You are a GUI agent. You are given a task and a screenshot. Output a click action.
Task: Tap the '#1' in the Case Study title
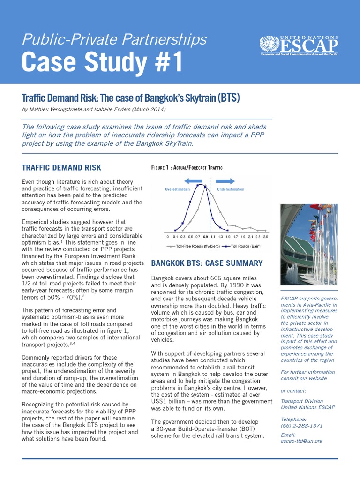(164, 63)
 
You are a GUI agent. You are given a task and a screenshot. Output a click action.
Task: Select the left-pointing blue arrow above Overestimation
(194, 180)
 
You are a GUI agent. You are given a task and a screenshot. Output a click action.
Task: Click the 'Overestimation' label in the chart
(177, 189)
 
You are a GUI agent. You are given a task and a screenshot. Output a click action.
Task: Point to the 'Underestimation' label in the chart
(231, 189)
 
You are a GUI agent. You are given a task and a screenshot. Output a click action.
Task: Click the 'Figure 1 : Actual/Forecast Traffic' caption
(187, 168)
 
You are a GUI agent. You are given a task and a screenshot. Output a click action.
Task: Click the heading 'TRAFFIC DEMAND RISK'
(61, 168)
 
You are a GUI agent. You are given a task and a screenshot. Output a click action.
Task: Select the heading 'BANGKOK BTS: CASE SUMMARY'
(207, 263)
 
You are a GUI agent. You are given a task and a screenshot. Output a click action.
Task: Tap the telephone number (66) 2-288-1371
(301, 426)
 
